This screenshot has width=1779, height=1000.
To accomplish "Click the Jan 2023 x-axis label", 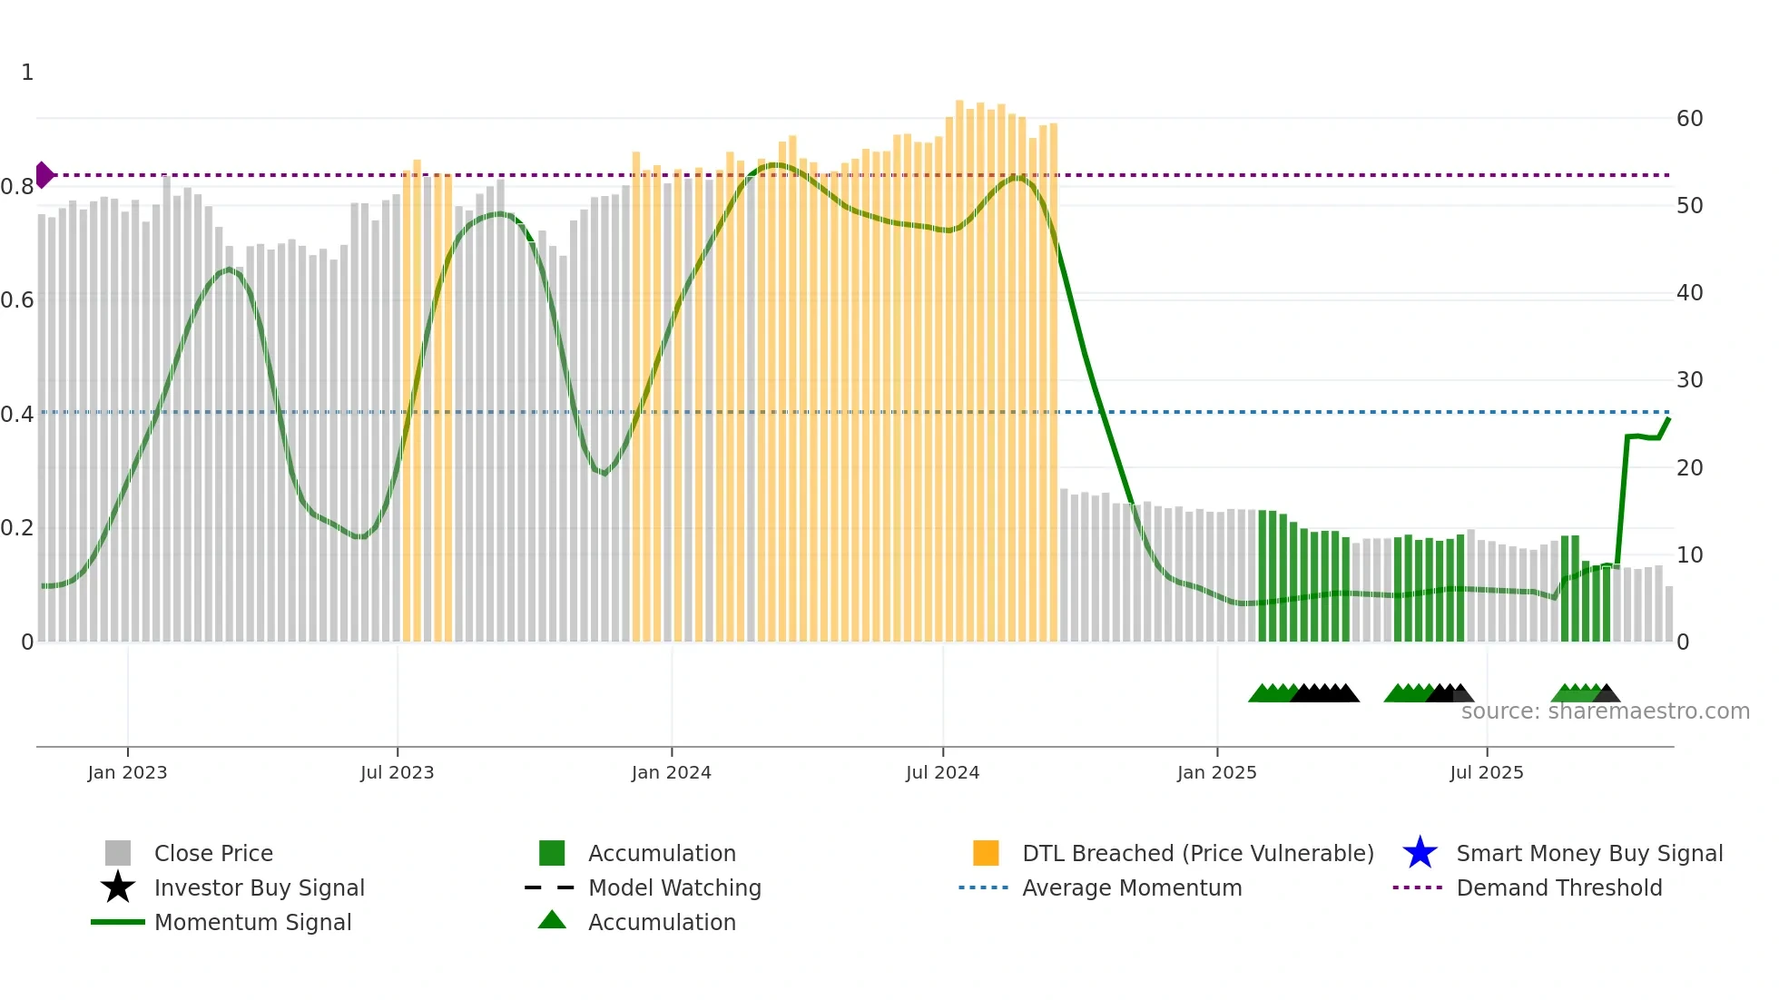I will point(127,772).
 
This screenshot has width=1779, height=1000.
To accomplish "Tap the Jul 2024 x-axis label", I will point(942,772).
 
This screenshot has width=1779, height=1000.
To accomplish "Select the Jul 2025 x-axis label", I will point(1486,772).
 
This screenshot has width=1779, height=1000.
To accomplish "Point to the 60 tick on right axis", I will point(1689,119).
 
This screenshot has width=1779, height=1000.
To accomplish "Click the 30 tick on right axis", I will point(1689,380).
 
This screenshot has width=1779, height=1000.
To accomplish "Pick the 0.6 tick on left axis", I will point(17,300).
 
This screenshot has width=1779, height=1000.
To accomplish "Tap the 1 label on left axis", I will point(27,73).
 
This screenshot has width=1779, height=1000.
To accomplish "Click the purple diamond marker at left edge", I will point(44,175).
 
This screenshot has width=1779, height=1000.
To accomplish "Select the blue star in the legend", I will point(1420,853).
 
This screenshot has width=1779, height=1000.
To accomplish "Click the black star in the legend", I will point(118,887).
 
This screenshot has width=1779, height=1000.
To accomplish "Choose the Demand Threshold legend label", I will point(1558,887).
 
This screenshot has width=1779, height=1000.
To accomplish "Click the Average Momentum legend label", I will point(1132,887).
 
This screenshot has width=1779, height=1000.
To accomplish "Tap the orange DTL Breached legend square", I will point(986,853).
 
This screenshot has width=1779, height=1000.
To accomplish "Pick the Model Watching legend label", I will point(674,887).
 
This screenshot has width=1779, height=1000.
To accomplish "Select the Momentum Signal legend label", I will point(252,922).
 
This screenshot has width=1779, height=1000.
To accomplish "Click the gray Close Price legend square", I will point(118,853).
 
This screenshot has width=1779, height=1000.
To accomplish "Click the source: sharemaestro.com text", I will point(1605,711).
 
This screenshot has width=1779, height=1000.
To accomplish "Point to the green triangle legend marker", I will point(552,920).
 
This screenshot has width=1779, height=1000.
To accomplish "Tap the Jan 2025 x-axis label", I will point(1216,772).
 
